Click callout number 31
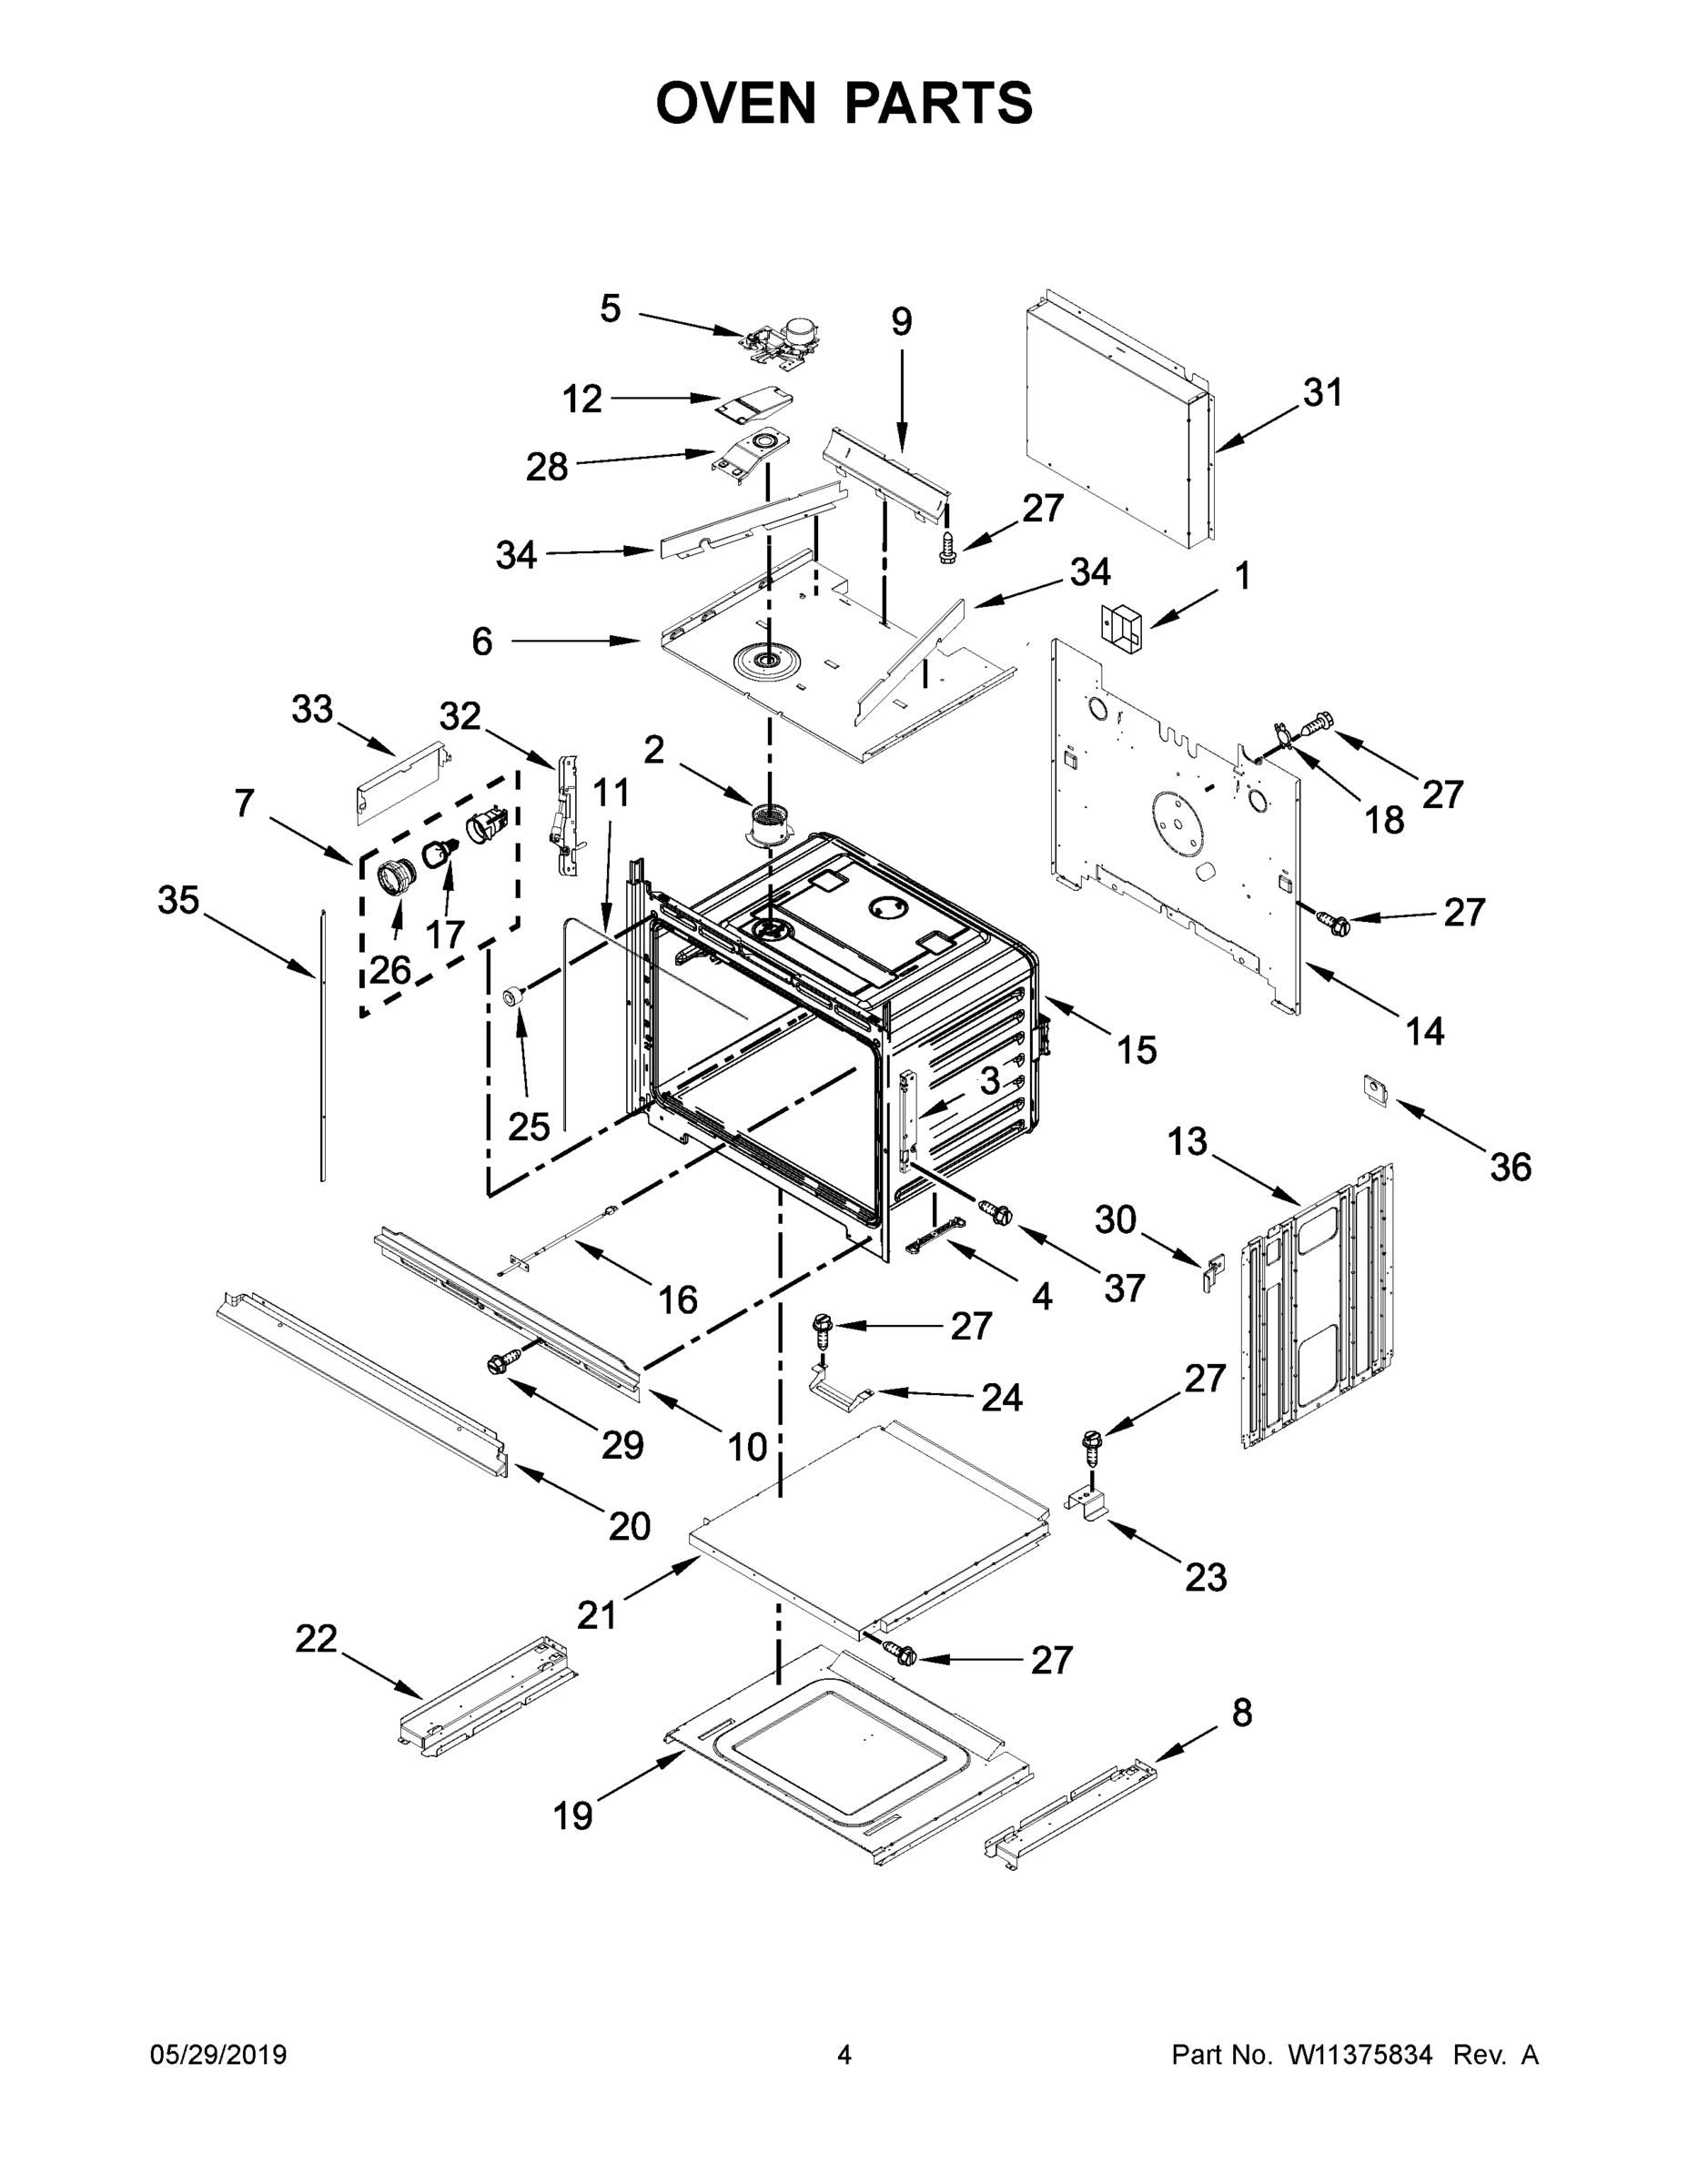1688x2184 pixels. (x=1322, y=392)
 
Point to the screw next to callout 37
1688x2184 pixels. (x=997, y=1212)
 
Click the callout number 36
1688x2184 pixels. (x=1510, y=1166)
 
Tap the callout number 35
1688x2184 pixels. (x=179, y=900)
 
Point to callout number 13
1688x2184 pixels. (x=1187, y=1141)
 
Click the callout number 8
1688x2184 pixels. (x=1241, y=1712)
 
